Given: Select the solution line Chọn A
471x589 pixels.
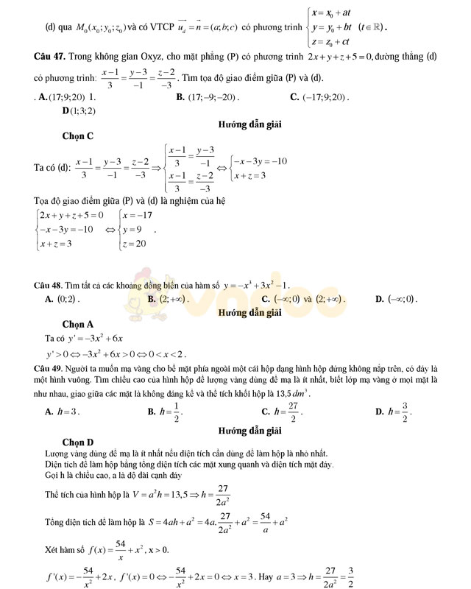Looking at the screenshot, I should tap(77, 324).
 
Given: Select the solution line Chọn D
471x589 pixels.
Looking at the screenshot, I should tap(77, 442).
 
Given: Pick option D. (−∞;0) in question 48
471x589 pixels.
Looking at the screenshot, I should tap(396, 299).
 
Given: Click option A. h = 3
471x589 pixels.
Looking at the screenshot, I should tap(63, 412).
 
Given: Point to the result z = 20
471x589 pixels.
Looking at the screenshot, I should tap(135, 244).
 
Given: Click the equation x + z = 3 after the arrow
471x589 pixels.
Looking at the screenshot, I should tap(250, 175).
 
